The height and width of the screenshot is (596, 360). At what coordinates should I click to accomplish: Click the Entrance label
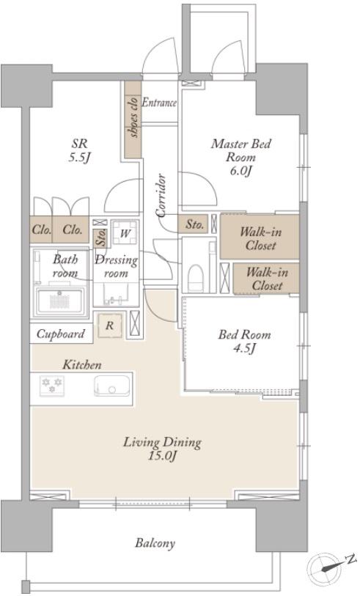tap(159, 103)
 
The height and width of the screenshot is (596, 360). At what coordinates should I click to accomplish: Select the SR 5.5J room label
tap(79, 150)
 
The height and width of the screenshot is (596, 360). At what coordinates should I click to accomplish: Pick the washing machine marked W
tap(125, 232)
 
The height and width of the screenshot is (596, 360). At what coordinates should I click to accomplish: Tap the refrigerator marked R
tap(110, 325)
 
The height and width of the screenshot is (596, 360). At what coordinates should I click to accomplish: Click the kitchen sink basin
tap(112, 386)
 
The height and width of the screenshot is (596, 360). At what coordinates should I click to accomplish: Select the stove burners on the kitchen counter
tap(52, 385)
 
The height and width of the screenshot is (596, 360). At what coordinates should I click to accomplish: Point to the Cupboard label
tap(60, 334)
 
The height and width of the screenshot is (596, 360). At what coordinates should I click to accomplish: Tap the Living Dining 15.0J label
tap(162, 449)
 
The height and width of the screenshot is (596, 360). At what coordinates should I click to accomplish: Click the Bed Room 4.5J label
tap(244, 341)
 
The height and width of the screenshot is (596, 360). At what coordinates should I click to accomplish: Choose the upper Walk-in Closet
tap(260, 238)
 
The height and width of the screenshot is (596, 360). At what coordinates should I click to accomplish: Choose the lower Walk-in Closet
tap(266, 279)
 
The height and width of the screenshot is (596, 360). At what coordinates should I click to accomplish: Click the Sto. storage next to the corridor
tap(194, 224)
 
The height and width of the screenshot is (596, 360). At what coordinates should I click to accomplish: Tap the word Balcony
tap(155, 542)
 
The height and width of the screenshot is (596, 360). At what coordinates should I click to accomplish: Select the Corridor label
tap(161, 196)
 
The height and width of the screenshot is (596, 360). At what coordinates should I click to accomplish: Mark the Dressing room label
tap(116, 267)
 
